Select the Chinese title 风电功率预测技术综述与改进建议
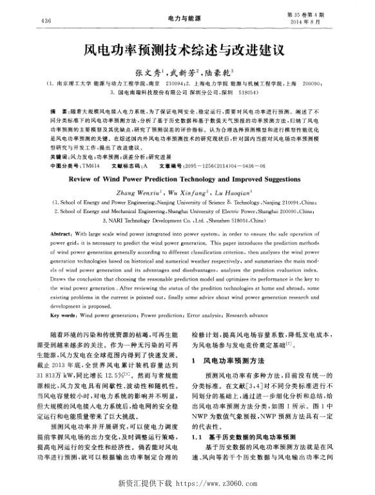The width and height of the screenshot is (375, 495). [187, 48]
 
